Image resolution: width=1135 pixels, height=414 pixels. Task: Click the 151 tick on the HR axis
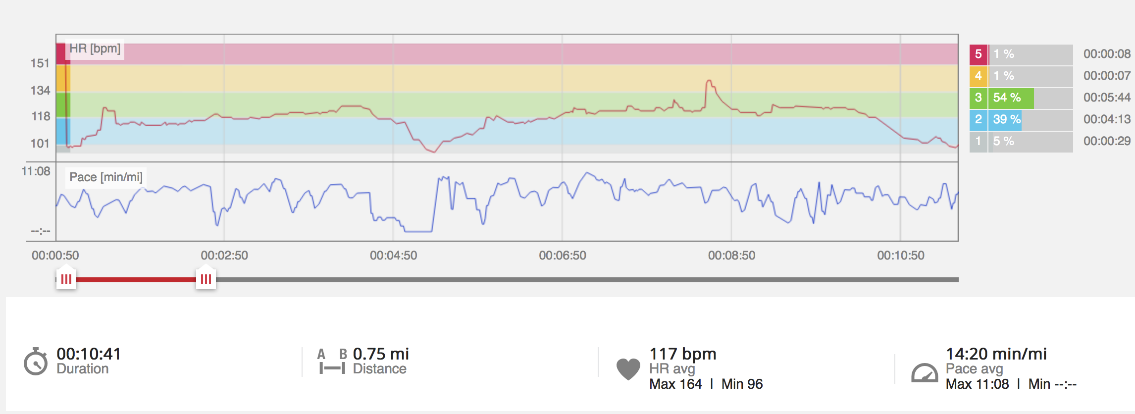(40, 63)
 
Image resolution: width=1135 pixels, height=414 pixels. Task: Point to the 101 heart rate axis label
(40, 144)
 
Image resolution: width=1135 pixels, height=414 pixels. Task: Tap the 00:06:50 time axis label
(563, 256)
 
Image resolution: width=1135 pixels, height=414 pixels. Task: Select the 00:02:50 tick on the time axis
(224, 256)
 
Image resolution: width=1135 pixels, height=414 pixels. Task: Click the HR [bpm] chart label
(95, 49)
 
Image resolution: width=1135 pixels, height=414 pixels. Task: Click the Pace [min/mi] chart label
(106, 177)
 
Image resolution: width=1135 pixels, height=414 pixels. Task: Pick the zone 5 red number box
(978, 54)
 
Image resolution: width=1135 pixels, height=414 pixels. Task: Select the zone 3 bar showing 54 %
(1011, 98)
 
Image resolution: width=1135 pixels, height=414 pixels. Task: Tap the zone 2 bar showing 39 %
(1005, 119)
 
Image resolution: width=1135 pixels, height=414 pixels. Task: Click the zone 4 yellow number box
(978, 76)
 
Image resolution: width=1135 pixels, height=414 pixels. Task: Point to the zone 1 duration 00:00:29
(1107, 141)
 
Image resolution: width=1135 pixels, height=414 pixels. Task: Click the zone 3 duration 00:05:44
(1107, 98)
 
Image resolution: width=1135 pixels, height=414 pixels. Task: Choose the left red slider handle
(66, 279)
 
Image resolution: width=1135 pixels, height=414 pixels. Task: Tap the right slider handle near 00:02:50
(206, 279)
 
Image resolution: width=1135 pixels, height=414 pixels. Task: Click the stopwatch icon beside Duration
(36, 362)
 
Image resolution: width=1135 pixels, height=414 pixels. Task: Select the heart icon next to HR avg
(628, 368)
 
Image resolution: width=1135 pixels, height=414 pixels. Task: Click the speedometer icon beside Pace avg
(924, 374)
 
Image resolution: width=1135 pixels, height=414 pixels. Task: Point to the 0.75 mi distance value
(381, 354)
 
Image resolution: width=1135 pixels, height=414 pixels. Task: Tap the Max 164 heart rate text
(675, 384)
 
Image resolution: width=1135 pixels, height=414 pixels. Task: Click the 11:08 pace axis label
(36, 171)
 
